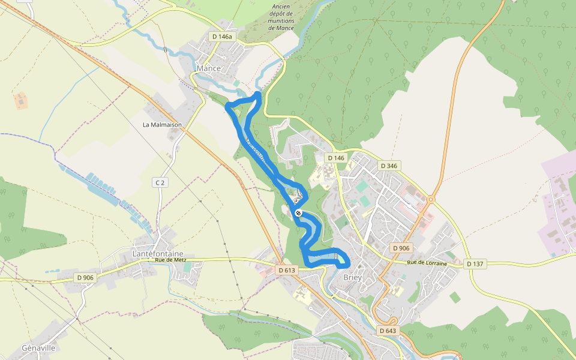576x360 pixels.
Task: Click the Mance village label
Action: [209, 68]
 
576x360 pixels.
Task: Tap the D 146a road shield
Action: [221, 37]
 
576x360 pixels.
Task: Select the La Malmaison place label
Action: [162, 125]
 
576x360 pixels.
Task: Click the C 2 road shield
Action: [159, 182]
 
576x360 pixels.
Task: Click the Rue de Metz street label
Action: [171, 260]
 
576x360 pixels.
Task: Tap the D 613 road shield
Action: [287, 271]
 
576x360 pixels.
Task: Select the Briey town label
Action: [352, 278]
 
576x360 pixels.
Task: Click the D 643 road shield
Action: [388, 331]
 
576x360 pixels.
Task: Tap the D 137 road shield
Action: [474, 263]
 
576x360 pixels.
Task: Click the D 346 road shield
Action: [389, 165]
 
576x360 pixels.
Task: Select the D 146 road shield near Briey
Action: [336, 158]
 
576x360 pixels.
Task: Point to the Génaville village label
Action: [38, 348]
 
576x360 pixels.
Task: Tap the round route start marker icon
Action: [298, 213]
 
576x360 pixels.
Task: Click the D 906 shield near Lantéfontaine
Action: [85, 277]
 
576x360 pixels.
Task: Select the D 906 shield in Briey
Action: [400, 248]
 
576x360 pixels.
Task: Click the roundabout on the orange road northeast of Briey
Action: [431, 199]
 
